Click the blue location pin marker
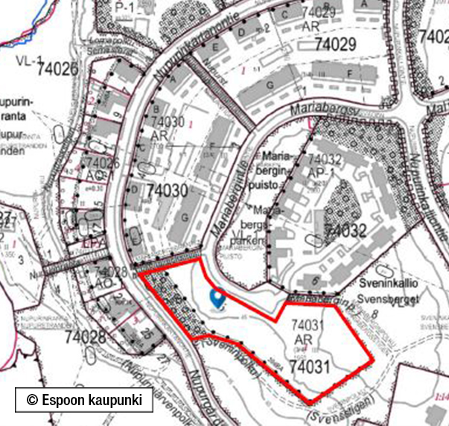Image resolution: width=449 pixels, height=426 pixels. [217, 299]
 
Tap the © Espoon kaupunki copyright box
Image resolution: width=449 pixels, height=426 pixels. [84, 399]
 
